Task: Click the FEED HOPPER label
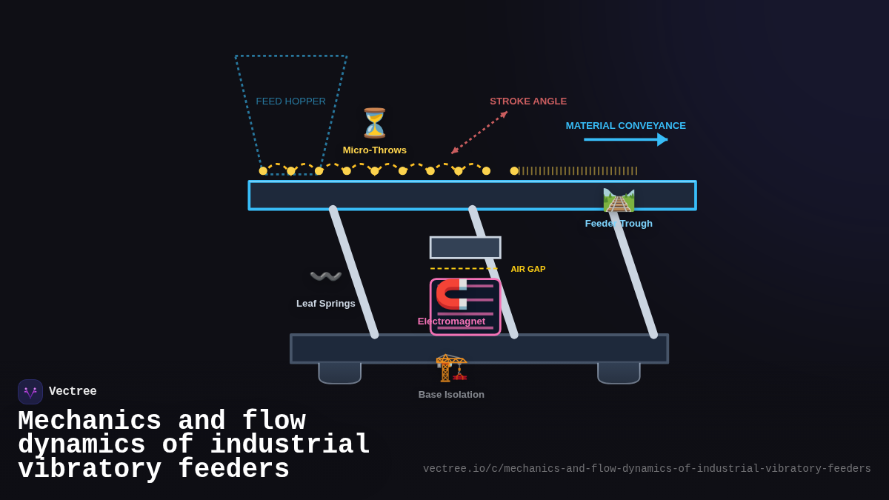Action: (x=290, y=101)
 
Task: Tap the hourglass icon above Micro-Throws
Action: (x=374, y=123)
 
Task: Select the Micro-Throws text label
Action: (x=374, y=150)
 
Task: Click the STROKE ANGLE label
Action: (x=527, y=101)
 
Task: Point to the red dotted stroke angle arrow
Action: (x=479, y=133)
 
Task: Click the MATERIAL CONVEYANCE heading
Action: (x=625, y=126)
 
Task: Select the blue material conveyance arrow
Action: (x=625, y=139)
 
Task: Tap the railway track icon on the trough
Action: (x=619, y=200)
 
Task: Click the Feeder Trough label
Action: (x=619, y=224)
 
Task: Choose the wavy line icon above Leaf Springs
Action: (x=325, y=276)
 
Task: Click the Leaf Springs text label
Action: (x=325, y=304)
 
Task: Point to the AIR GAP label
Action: (x=527, y=269)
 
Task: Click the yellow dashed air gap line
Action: (x=464, y=269)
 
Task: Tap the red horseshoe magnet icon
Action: (x=452, y=294)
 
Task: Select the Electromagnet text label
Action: (x=451, y=321)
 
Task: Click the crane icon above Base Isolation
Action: (x=451, y=367)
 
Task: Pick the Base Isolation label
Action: (x=451, y=395)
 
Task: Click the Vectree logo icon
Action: (x=30, y=392)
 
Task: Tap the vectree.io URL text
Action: (x=647, y=469)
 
